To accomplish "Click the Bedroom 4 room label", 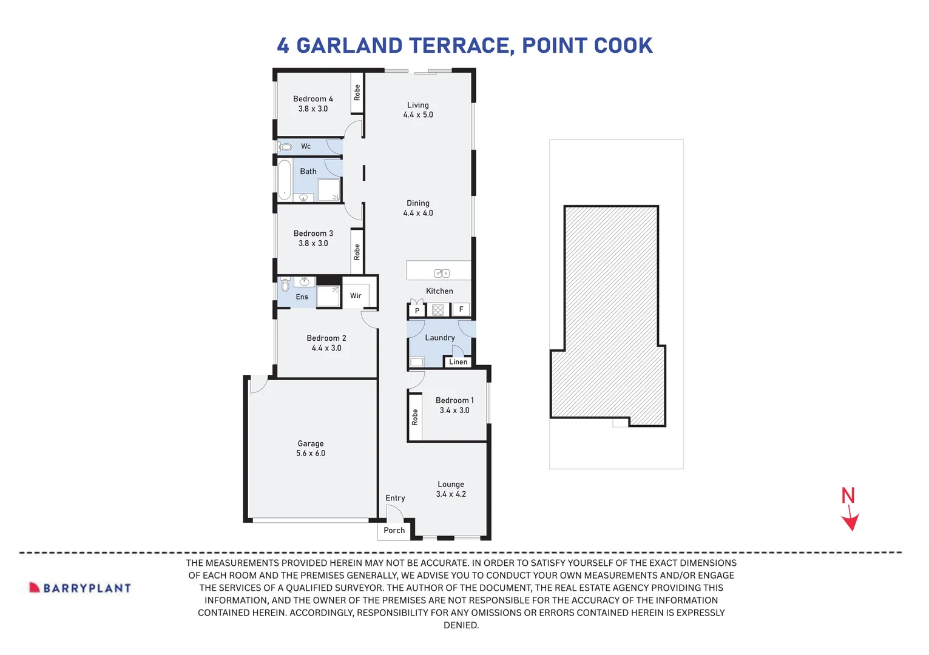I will tap(312, 99).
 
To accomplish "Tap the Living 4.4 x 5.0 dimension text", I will tap(418, 115).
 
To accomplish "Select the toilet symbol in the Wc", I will tap(285, 147).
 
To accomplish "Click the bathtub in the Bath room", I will tap(285, 180).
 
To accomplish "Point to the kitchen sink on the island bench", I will tap(442, 274).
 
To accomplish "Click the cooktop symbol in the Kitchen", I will tap(438, 310).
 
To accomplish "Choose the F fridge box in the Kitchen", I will tap(461, 309).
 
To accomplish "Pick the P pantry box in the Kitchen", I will tap(417, 310).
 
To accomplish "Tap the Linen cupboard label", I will tap(458, 362).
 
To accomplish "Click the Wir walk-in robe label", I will tap(356, 296).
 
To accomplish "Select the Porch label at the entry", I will tap(394, 530).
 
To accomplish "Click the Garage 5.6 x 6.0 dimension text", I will tap(311, 453).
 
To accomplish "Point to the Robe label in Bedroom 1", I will tap(415, 417).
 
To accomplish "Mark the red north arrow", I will tap(851, 520).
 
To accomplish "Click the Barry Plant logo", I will tap(81, 588).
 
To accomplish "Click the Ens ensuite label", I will tap(302, 297).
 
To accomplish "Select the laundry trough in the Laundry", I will tap(416, 362).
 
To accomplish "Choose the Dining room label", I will tap(418, 203).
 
